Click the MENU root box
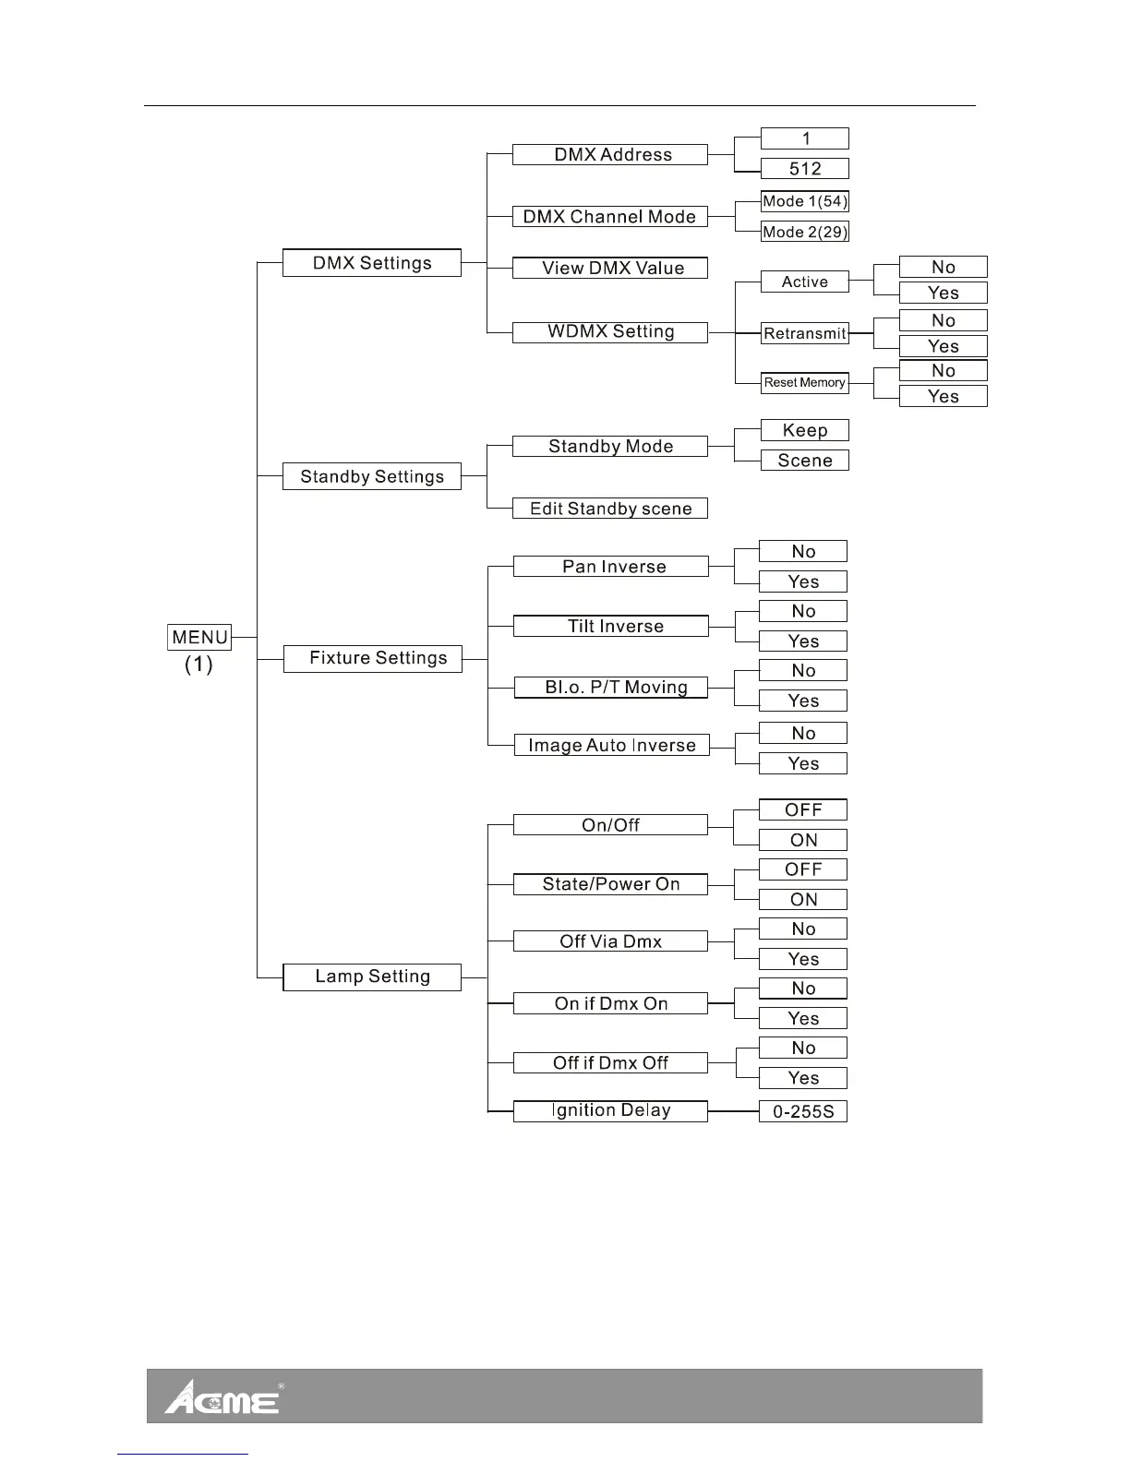point(199,637)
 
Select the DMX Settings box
point(371,263)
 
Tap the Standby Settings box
point(371,476)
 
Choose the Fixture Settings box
point(372,658)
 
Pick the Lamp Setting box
point(371,977)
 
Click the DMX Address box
point(610,155)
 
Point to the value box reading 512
point(804,169)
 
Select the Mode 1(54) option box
point(804,201)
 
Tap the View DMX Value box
point(610,269)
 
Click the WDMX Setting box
point(610,332)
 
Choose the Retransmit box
point(804,334)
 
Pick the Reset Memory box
point(804,382)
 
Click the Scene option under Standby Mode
point(804,461)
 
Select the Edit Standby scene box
point(610,509)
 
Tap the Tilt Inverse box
point(611,627)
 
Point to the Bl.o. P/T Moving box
point(611,688)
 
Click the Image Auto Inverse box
point(611,746)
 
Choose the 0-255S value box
point(803,1111)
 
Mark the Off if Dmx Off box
point(610,1063)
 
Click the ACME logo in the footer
point(222,1397)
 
